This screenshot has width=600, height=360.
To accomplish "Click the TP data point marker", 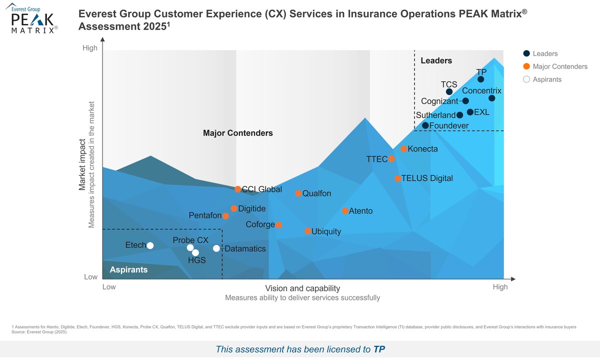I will point(480,79).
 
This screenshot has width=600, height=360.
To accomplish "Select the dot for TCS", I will point(449,91).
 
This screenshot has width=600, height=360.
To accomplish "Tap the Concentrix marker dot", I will point(491,98).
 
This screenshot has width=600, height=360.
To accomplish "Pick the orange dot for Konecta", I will point(403,149).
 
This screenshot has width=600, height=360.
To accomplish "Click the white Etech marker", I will point(150,245).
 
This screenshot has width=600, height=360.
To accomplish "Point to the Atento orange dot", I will point(345,211).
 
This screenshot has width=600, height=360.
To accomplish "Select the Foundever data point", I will point(425,125).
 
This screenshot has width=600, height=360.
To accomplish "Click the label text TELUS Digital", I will point(427,178).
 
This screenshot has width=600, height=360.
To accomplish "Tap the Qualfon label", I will point(316,193).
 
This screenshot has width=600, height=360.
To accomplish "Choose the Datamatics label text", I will point(245,248).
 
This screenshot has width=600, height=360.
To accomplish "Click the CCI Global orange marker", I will point(238,189).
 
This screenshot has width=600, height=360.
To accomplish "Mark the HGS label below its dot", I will point(196,260).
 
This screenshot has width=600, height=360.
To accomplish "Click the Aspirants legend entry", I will point(547,79).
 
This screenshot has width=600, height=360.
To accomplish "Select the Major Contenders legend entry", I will point(560,66).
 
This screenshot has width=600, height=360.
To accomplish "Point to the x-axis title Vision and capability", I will point(302,288).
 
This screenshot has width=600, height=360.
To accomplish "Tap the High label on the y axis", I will point(90,48).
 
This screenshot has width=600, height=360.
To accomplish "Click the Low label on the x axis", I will point(109,287).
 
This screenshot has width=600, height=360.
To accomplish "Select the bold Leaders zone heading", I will point(436,60).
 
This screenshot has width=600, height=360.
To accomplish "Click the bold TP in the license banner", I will point(379,349).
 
